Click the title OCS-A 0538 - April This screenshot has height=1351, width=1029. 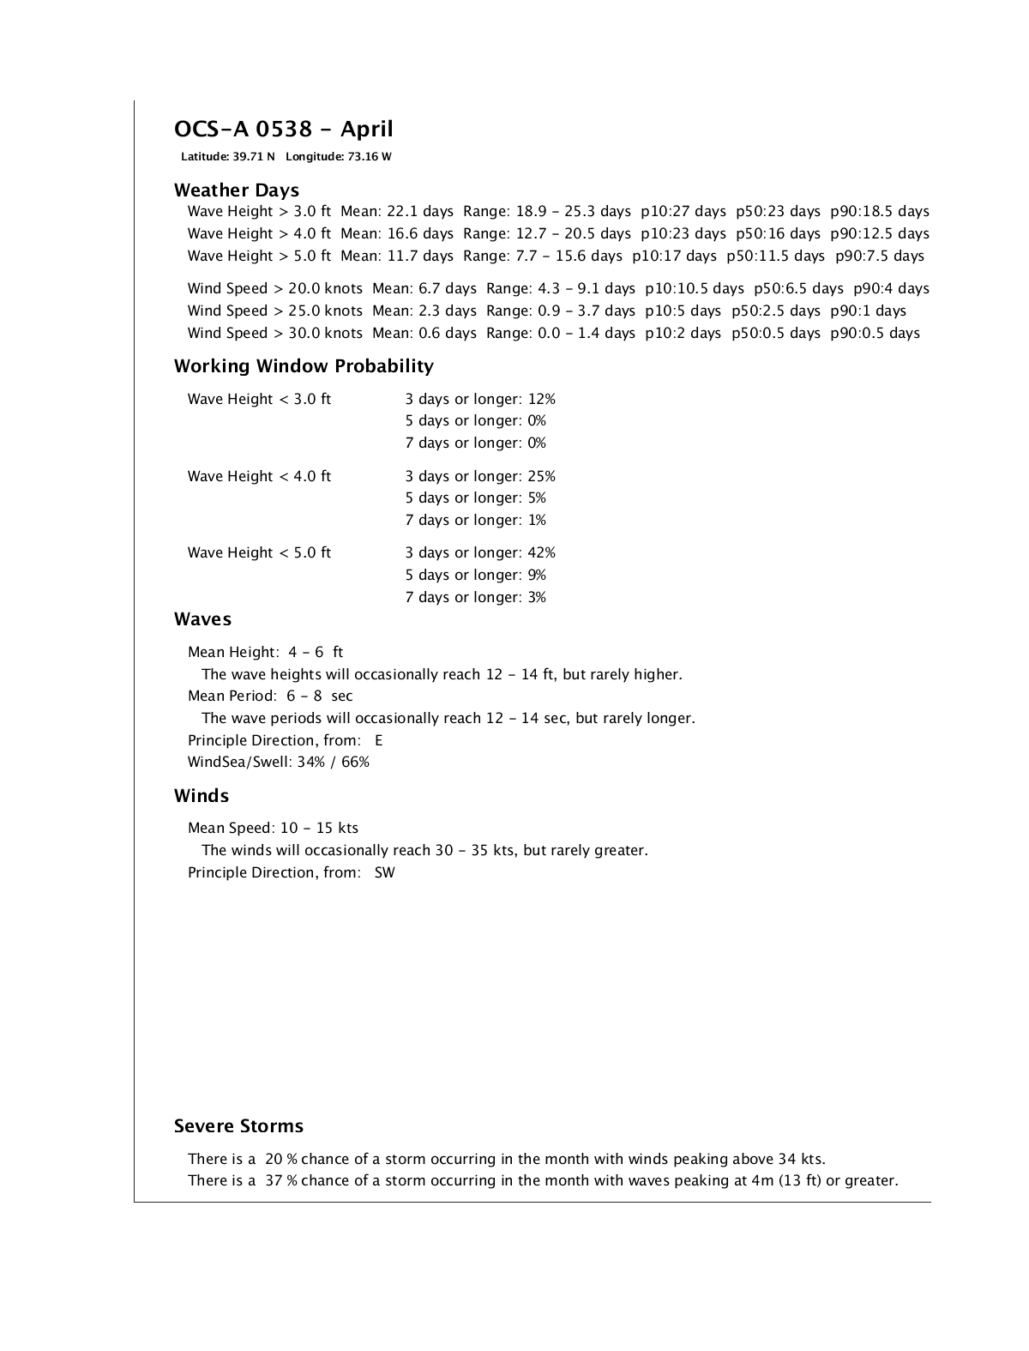coord(283,130)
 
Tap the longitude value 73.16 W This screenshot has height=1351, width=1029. coord(370,157)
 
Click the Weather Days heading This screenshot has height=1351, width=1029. coord(237,190)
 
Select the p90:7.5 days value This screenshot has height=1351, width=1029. coord(880,256)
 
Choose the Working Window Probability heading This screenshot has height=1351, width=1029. coord(304,366)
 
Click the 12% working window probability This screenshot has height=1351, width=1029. coord(542,400)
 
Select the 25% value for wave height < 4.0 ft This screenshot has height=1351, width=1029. coord(542,477)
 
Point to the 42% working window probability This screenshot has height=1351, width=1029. coord(542,553)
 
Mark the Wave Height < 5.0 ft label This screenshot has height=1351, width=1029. coord(259,553)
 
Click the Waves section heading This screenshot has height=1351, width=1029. coord(202,619)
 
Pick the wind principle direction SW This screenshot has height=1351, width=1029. coord(385,873)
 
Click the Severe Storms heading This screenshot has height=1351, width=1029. coord(238,1126)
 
